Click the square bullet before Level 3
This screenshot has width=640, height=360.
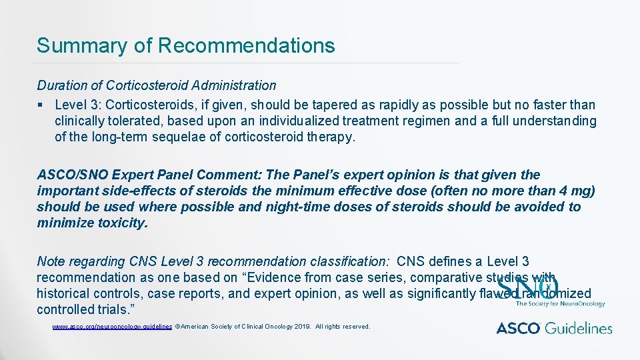click(x=41, y=105)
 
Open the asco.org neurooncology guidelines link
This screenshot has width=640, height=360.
click(x=112, y=327)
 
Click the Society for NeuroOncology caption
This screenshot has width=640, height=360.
click(x=561, y=304)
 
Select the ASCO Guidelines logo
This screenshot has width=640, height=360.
click(x=554, y=328)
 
